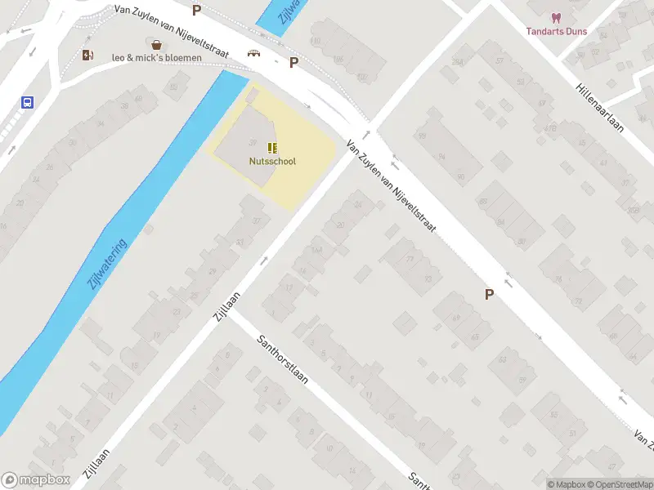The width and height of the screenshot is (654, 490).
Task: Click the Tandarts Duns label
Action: (556, 31)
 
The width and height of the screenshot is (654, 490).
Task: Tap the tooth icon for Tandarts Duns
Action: (556, 17)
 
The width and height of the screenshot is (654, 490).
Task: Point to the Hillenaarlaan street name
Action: (607, 112)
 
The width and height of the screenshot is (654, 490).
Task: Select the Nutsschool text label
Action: (272, 161)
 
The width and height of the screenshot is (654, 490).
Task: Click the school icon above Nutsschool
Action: (272, 148)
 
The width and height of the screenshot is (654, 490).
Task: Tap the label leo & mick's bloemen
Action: (157, 58)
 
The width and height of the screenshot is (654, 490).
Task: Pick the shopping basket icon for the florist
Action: (155, 43)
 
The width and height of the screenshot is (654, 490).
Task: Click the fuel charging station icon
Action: (87, 55)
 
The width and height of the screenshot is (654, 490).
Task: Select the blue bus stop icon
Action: (27, 103)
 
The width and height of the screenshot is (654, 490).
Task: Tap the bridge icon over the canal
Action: (254, 54)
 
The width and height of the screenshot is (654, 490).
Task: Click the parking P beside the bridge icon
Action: (293, 62)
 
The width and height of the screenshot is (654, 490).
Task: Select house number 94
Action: (441, 156)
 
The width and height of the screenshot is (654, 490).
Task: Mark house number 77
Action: (410, 260)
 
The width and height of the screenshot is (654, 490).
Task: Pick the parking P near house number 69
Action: (490, 295)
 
